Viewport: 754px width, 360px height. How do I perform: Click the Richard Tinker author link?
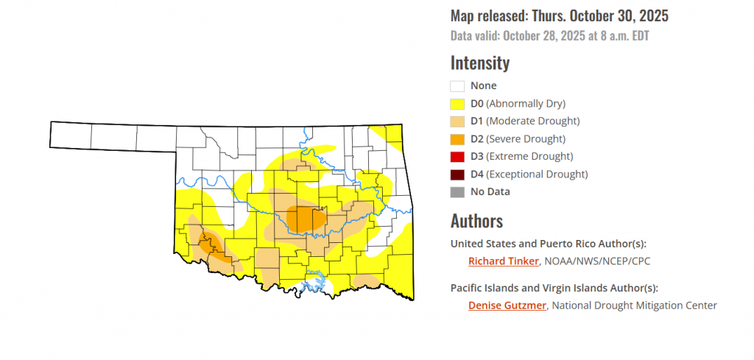pos(503,261)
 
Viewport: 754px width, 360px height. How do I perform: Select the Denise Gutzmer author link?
pos(507,306)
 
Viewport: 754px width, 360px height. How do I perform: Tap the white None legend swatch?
pos(457,86)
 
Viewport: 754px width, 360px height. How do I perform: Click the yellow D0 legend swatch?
pos(457,104)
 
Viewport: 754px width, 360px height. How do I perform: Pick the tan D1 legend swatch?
pos(457,121)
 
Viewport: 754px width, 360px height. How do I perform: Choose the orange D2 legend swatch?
pos(457,139)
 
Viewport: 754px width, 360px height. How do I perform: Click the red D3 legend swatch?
pos(457,157)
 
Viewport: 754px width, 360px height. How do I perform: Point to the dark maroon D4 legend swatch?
pos(457,174)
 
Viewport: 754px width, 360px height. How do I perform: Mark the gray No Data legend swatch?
pos(457,192)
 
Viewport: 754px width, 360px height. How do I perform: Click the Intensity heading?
pos(479,63)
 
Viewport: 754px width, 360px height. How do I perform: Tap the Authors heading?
pos(476,221)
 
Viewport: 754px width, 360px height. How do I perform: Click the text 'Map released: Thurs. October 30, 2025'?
pos(559,15)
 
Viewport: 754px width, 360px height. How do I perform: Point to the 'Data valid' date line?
pos(549,35)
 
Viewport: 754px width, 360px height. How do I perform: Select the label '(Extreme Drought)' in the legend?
pos(530,157)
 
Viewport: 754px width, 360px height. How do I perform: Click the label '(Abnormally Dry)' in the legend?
pos(526,104)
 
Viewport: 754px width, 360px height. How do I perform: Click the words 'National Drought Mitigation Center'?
pos(634,306)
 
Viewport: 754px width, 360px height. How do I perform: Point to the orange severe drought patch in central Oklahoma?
pos(303,218)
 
